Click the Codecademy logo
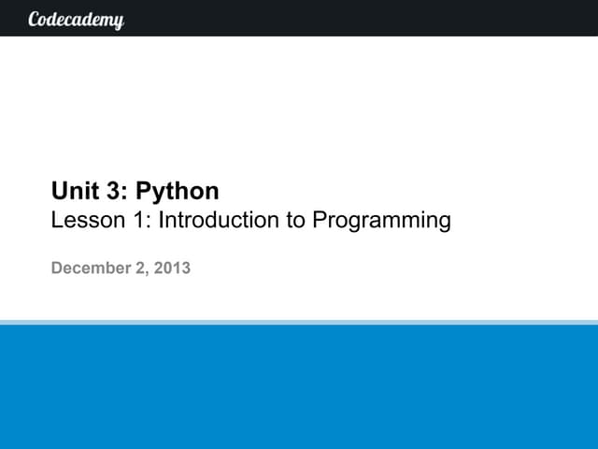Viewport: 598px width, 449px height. point(77,19)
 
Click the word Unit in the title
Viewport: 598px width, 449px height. point(71,192)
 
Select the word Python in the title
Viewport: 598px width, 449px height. point(178,193)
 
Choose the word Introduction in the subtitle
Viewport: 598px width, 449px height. point(221,221)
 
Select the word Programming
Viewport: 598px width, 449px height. point(381,222)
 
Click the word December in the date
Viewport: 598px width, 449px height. point(91,268)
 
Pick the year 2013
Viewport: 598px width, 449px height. point(172,268)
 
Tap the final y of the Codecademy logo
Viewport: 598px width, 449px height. point(119,22)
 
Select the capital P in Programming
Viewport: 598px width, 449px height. point(319,221)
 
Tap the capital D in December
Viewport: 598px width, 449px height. point(57,268)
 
